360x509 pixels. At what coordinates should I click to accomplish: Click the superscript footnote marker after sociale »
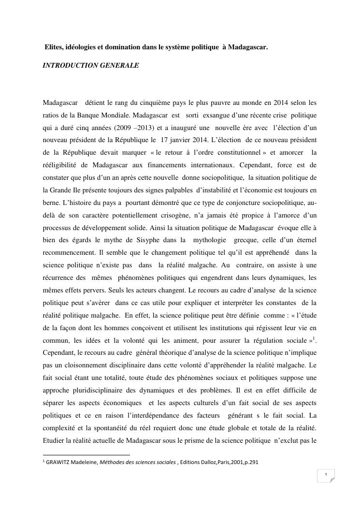[x=314, y=337]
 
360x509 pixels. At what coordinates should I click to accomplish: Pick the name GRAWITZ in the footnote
[x=59, y=462]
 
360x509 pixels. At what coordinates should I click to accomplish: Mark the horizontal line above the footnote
[x=86, y=455]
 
